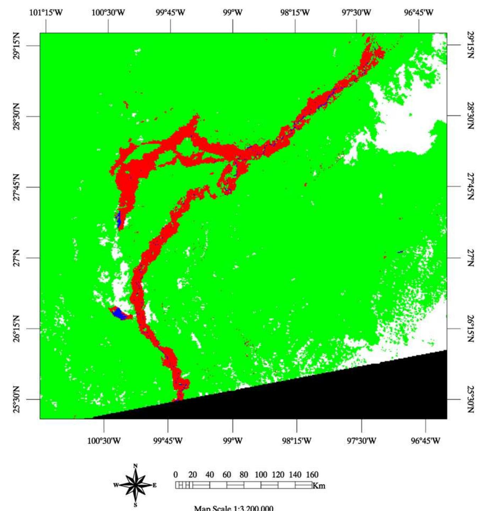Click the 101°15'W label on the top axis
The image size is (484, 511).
(46, 13)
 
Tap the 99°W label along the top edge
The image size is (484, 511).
(233, 13)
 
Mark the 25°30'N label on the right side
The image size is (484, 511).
(471, 399)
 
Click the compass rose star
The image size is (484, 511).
(135, 485)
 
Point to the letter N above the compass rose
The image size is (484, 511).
(135, 466)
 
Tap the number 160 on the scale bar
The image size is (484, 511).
(312, 474)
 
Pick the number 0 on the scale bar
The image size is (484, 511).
(176, 474)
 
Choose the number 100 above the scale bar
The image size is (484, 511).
(261, 474)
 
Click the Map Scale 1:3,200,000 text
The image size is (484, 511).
(233, 508)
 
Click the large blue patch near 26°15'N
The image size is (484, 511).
(120, 313)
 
